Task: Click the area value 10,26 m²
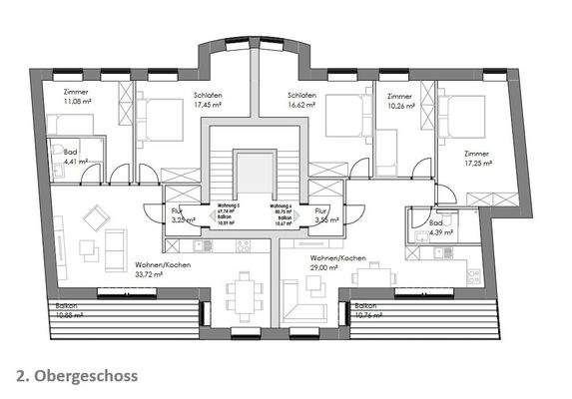pos(401,105)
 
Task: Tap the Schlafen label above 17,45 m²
pos(208,93)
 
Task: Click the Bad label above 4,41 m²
pos(69,151)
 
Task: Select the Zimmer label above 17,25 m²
pos(477,153)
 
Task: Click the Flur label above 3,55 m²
pos(320,211)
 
